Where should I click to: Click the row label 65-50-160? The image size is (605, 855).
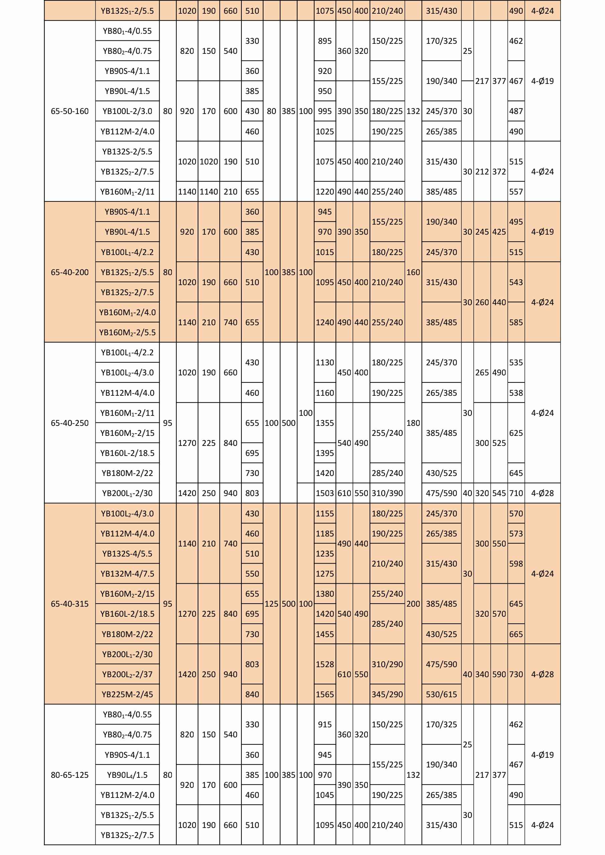[x=70, y=111]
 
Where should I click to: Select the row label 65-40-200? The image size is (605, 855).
[x=70, y=272]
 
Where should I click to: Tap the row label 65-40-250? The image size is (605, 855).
[x=70, y=423]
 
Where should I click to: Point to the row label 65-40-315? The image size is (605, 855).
[x=70, y=604]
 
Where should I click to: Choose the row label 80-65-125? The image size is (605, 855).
[x=70, y=775]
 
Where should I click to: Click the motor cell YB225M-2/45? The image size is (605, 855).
[x=127, y=694]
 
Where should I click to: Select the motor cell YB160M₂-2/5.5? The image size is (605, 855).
[x=127, y=332]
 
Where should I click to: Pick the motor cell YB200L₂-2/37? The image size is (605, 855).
[x=127, y=674]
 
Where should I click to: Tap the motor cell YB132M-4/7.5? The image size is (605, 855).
[x=127, y=574]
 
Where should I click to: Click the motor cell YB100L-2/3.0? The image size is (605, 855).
[x=127, y=111]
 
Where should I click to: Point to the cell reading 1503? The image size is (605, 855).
[x=325, y=493]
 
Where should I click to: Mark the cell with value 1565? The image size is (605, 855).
[x=325, y=694]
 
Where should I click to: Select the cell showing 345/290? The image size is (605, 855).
[x=387, y=694]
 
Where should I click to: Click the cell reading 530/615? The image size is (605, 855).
[x=441, y=694]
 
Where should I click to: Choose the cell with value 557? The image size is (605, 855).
[x=516, y=192]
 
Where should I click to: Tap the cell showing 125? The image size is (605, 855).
[x=272, y=604]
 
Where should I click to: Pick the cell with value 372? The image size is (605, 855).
[x=499, y=172]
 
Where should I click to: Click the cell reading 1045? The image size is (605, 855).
[x=325, y=795]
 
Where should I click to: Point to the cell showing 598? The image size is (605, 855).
[x=516, y=564]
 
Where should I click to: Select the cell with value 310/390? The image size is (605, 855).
[x=387, y=493]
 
